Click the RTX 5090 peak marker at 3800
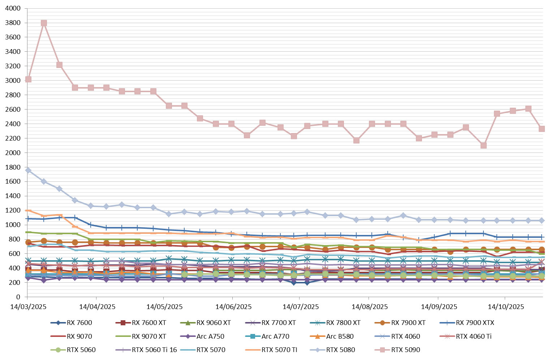pos(44,23)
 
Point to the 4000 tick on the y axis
pos(13,8)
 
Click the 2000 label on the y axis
pos(13,153)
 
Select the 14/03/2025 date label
pos(28,307)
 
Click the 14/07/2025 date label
pos(301,307)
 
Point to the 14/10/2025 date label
pos(506,307)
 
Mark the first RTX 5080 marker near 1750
pos(28,170)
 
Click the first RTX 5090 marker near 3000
pos(28,79)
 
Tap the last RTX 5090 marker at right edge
pos(542,129)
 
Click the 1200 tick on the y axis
pos(13,210)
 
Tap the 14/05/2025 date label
pos(164,307)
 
